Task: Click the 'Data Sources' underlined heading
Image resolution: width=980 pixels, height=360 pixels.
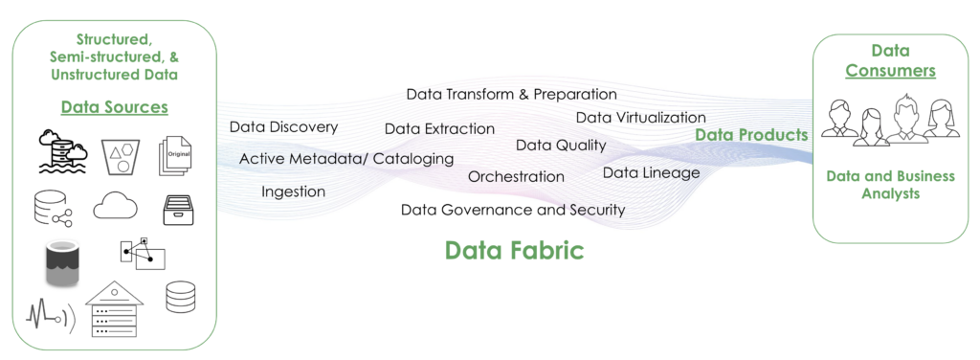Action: [x=115, y=107]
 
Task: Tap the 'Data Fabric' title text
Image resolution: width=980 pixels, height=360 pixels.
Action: [x=514, y=251]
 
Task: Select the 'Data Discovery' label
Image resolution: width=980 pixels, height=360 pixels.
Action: [x=283, y=126]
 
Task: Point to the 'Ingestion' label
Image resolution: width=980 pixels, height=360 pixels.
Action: [x=293, y=191]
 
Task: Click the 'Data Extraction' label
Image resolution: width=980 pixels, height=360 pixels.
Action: [x=439, y=128]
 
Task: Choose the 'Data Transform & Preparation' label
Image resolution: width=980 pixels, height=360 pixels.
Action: [x=511, y=94]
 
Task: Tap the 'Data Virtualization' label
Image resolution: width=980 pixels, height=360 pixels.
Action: [x=640, y=117]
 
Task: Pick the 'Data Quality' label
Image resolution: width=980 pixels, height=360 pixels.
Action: [x=561, y=146]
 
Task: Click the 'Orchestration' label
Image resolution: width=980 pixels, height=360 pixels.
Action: [x=516, y=176]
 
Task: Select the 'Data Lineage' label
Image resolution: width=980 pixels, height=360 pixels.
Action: [x=651, y=172]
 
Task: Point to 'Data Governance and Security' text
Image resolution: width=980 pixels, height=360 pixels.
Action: [x=513, y=209]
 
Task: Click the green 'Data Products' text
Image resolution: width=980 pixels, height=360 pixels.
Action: [x=751, y=135]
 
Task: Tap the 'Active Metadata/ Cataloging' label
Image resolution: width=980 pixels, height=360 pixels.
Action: [x=346, y=158]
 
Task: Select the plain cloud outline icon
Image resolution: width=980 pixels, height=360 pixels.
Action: [x=116, y=207]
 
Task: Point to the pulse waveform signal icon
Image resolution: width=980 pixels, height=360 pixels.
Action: [x=45, y=314]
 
